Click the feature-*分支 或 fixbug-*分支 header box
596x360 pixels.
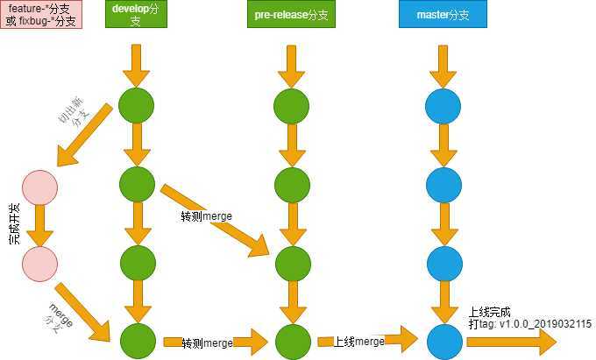tap(41, 15)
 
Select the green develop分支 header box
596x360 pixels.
tap(136, 16)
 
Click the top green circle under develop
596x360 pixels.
tap(136, 104)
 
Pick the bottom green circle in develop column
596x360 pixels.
tap(136, 341)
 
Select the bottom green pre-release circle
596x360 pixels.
tap(292, 341)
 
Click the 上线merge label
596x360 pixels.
tap(359, 341)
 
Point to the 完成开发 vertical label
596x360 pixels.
tap(15, 223)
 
